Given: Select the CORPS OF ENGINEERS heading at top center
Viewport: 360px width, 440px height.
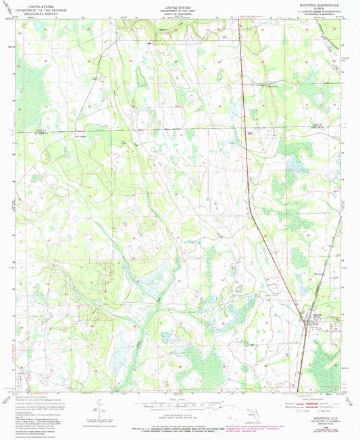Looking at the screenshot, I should [x=181, y=11].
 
